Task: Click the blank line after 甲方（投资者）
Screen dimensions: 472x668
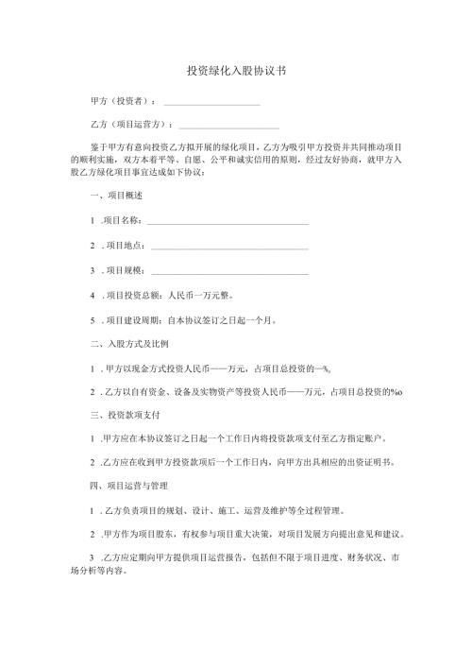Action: click(x=211, y=103)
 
